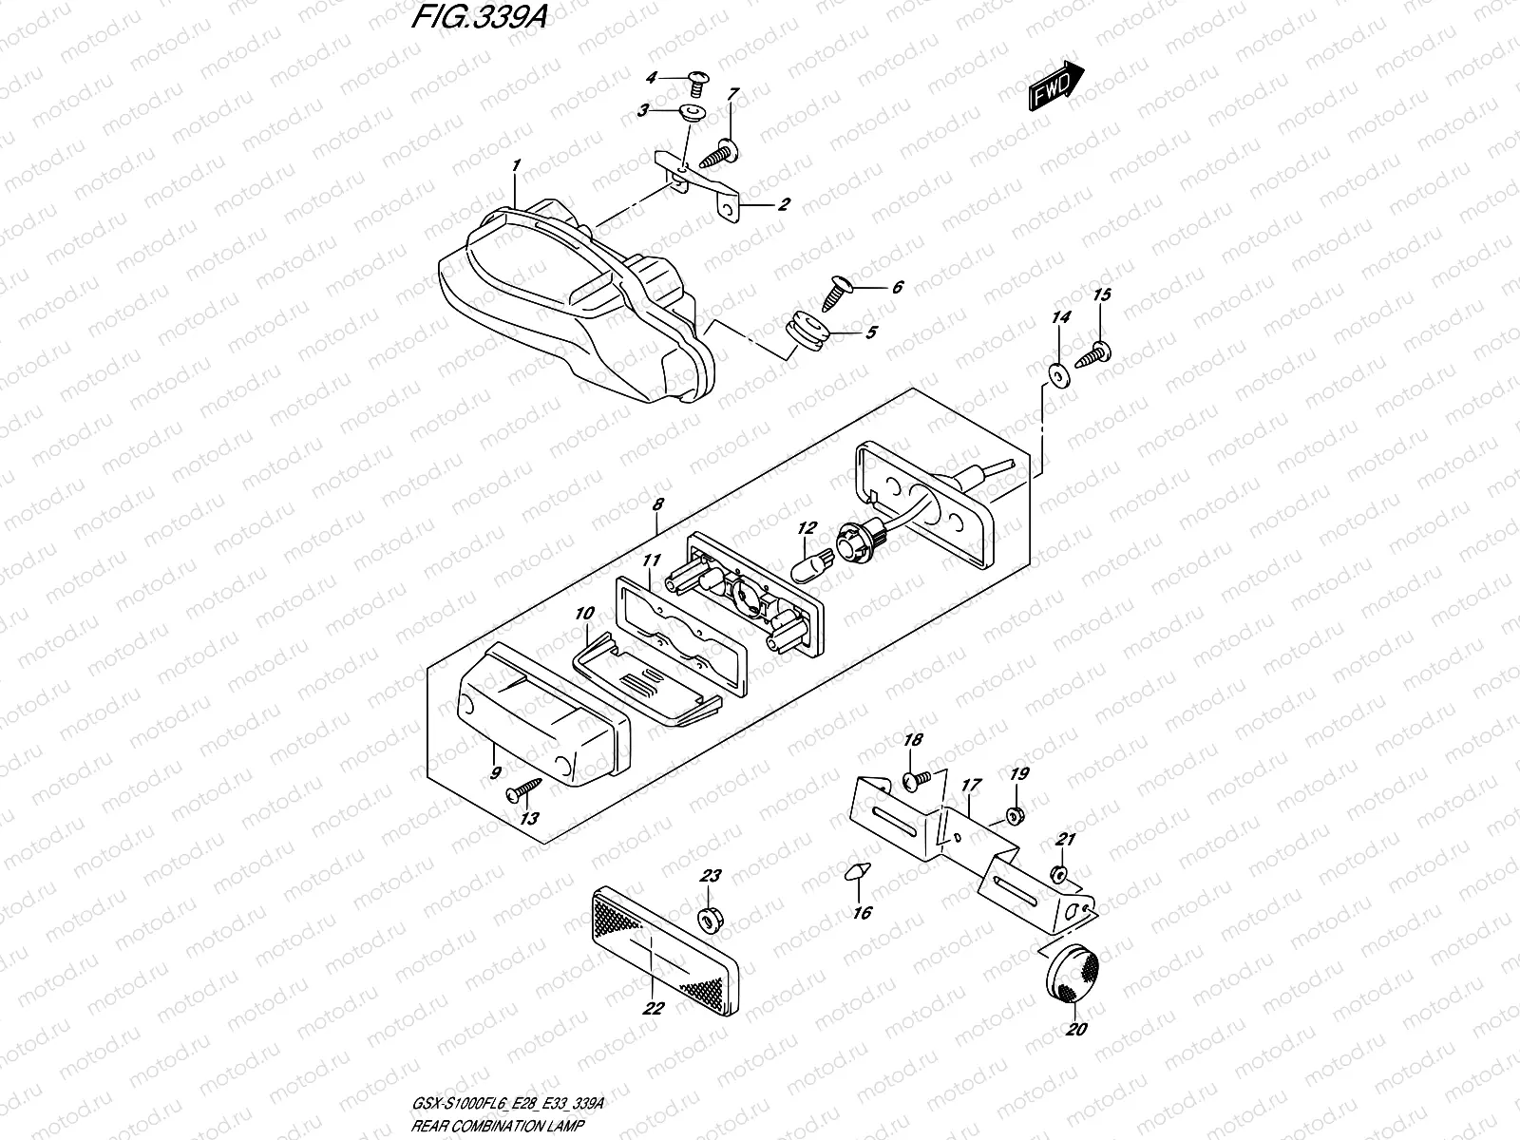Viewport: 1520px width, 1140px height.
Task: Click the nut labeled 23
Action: click(708, 919)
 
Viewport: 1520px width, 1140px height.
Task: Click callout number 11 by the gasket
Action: click(650, 561)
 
